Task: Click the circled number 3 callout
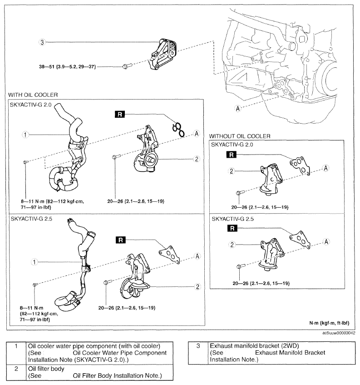(42, 42)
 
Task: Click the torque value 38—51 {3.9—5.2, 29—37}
(68, 66)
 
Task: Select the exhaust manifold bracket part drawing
(163, 54)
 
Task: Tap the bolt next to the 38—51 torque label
(127, 66)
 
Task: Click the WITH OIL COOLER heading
(33, 95)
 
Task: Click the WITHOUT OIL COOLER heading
(240, 136)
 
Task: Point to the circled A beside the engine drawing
(237, 108)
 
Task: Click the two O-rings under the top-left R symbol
(178, 130)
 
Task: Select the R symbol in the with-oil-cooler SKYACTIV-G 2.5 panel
(120, 240)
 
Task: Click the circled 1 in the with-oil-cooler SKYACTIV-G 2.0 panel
(25, 135)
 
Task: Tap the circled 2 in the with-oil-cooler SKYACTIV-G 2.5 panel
(197, 286)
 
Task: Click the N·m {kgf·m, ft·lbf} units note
(329, 323)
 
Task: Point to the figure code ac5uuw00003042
(339, 333)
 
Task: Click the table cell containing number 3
(198, 353)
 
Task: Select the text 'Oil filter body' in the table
(46, 369)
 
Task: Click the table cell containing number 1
(16, 353)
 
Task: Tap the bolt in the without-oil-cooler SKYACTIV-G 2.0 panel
(240, 193)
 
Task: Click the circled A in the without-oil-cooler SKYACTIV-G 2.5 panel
(326, 242)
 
